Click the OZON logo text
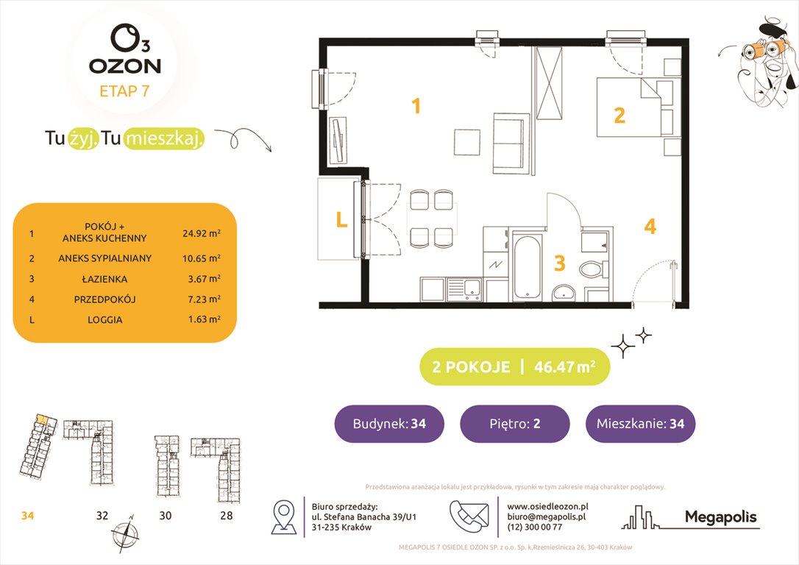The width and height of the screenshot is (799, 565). [x=124, y=65]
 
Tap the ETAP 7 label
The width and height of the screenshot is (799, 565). [x=124, y=91]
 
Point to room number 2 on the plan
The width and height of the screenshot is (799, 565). [x=619, y=115]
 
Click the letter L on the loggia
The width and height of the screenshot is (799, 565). [x=341, y=219]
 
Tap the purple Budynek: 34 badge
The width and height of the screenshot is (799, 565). [x=389, y=424]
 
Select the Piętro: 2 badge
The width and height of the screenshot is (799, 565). [x=514, y=424]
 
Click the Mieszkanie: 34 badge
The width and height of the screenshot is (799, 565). [x=640, y=424]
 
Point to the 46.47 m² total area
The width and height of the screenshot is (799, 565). [x=567, y=367]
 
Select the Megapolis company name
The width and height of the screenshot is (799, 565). [x=720, y=517]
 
